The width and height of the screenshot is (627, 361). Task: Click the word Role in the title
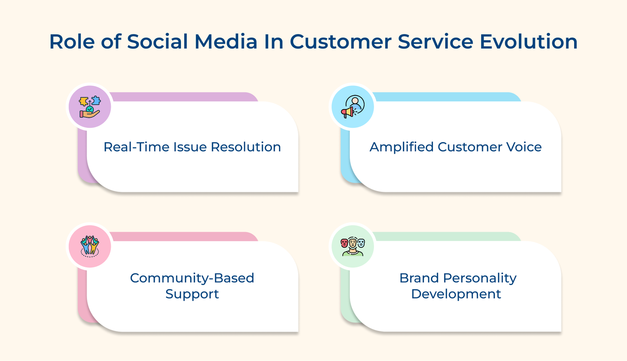coord(72,42)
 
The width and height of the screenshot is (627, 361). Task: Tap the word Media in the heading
coord(226,42)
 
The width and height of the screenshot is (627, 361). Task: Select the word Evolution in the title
coord(529,42)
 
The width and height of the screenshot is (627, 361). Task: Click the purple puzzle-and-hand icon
coord(90,107)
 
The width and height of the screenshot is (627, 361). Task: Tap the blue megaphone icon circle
coord(353,107)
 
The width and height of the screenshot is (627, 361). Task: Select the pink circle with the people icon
coord(90,247)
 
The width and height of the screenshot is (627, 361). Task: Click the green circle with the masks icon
coord(353,247)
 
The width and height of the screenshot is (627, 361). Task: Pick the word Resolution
coord(246,147)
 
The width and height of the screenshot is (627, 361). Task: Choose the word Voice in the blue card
coord(524,147)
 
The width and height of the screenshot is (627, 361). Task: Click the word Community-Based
coord(192,278)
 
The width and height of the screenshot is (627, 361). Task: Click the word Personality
coord(480,278)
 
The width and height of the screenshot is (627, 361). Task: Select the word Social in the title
coord(158,42)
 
